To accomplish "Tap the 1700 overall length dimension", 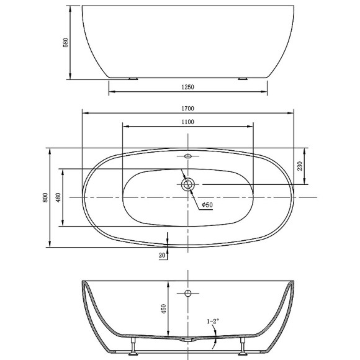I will point(187,107).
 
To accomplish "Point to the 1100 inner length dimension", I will point(187,122).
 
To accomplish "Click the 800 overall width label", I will point(45,197).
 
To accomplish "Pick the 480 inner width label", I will point(58,197).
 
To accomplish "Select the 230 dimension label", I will point(300,166).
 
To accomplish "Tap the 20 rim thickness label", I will point(162,254).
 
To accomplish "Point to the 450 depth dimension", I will point(164,309).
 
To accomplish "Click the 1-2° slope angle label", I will point(215,321).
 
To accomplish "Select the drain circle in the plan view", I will point(188,184).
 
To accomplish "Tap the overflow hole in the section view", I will point(187,293).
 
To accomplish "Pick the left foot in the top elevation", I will point(132,79).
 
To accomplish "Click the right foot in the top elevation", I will point(243,79).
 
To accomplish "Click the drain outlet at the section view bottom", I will point(187,340).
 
